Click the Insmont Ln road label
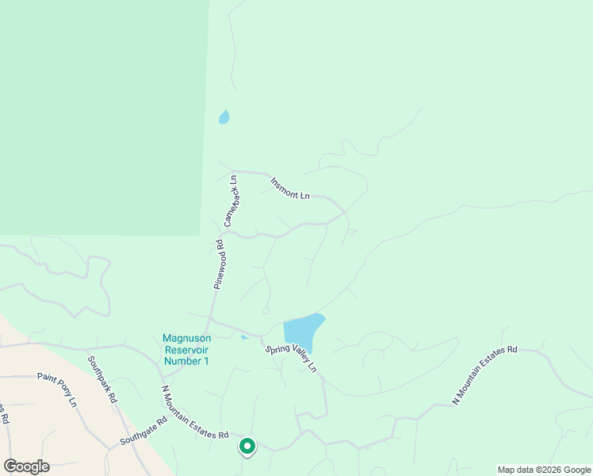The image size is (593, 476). [x=289, y=188]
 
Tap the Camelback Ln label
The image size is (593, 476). [x=231, y=201]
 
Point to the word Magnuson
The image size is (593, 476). [x=186, y=338]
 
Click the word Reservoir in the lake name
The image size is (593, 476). [x=186, y=349]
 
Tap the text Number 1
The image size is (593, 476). [x=186, y=361]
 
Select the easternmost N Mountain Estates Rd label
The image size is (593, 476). [x=484, y=376]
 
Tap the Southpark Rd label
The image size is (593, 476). [x=102, y=381]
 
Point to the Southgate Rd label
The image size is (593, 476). [x=143, y=431]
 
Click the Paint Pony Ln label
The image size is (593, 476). [x=57, y=389]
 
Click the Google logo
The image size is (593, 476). [x=26, y=466]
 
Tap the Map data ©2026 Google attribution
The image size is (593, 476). [x=544, y=470]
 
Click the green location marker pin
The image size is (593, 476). [x=247, y=447]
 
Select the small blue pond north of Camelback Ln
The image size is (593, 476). [x=224, y=117]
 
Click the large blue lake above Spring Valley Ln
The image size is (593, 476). [x=304, y=329]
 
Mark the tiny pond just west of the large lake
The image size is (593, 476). [x=245, y=337]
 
